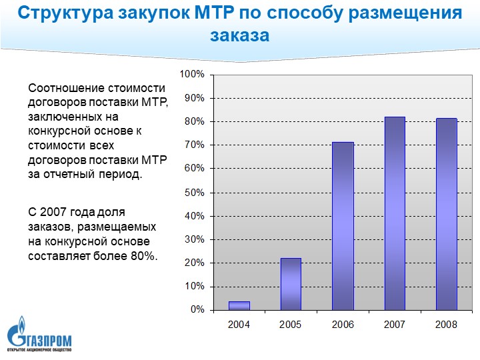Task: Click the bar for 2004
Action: tap(239, 306)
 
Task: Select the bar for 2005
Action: tap(291, 284)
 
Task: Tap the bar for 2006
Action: tap(343, 226)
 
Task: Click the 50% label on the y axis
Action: tap(195, 192)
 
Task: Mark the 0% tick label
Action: tap(197, 310)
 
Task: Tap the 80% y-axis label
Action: tap(195, 121)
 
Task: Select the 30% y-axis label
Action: tap(195, 239)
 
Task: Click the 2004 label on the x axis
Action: tap(239, 325)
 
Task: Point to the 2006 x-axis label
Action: tap(343, 325)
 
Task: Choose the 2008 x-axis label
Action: tap(446, 325)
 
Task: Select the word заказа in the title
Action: tap(239, 35)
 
